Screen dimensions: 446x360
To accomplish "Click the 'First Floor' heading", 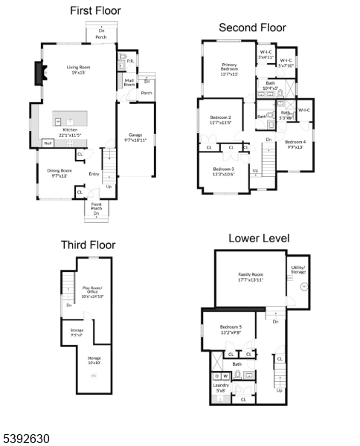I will point(95,11).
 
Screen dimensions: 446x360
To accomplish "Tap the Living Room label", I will point(80,67).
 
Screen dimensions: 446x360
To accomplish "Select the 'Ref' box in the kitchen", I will point(48,143).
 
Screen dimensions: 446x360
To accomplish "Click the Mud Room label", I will point(129,83).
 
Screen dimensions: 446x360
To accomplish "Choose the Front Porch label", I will point(97,206).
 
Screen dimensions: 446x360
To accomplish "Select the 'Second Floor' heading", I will point(252,28).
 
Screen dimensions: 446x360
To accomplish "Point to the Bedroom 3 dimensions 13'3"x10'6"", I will point(224,175).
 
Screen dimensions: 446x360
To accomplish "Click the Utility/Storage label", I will point(298,270).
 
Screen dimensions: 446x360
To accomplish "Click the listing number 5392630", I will point(26,439).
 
